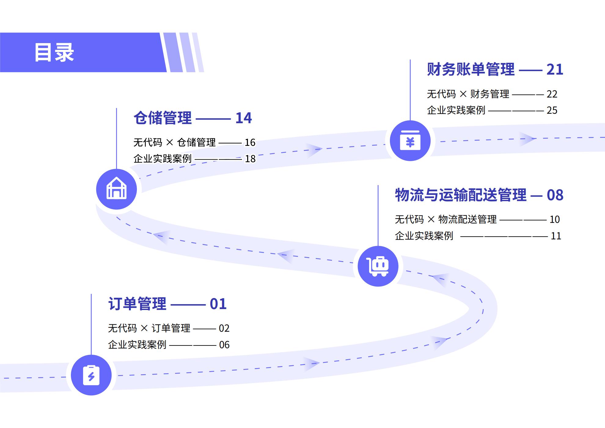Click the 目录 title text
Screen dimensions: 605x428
click(54, 53)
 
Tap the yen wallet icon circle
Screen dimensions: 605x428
click(410, 141)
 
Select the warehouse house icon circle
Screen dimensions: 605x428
click(116, 189)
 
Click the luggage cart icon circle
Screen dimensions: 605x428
click(378, 266)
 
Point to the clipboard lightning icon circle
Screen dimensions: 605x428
click(91, 375)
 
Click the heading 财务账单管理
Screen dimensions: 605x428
click(471, 69)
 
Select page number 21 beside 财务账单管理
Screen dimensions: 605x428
click(555, 69)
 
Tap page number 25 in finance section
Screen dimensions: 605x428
click(552, 110)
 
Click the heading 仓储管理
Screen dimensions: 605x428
click(163, 118)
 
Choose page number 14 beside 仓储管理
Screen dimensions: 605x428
click(244, 118)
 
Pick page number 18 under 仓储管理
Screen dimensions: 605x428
click(250, 159)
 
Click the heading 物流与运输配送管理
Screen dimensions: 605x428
click(461, 195)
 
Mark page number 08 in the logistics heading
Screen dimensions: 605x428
click(555, 195)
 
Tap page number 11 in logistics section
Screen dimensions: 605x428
click(556, 236)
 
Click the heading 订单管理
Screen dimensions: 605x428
click(137, 304)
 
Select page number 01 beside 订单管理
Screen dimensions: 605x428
click(218, 304)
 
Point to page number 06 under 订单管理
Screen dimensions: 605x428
click(224, 345)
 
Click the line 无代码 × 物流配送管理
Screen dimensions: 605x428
click(446, 220)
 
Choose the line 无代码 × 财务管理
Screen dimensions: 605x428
click(468, 94)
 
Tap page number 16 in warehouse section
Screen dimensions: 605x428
click(250, 142)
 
